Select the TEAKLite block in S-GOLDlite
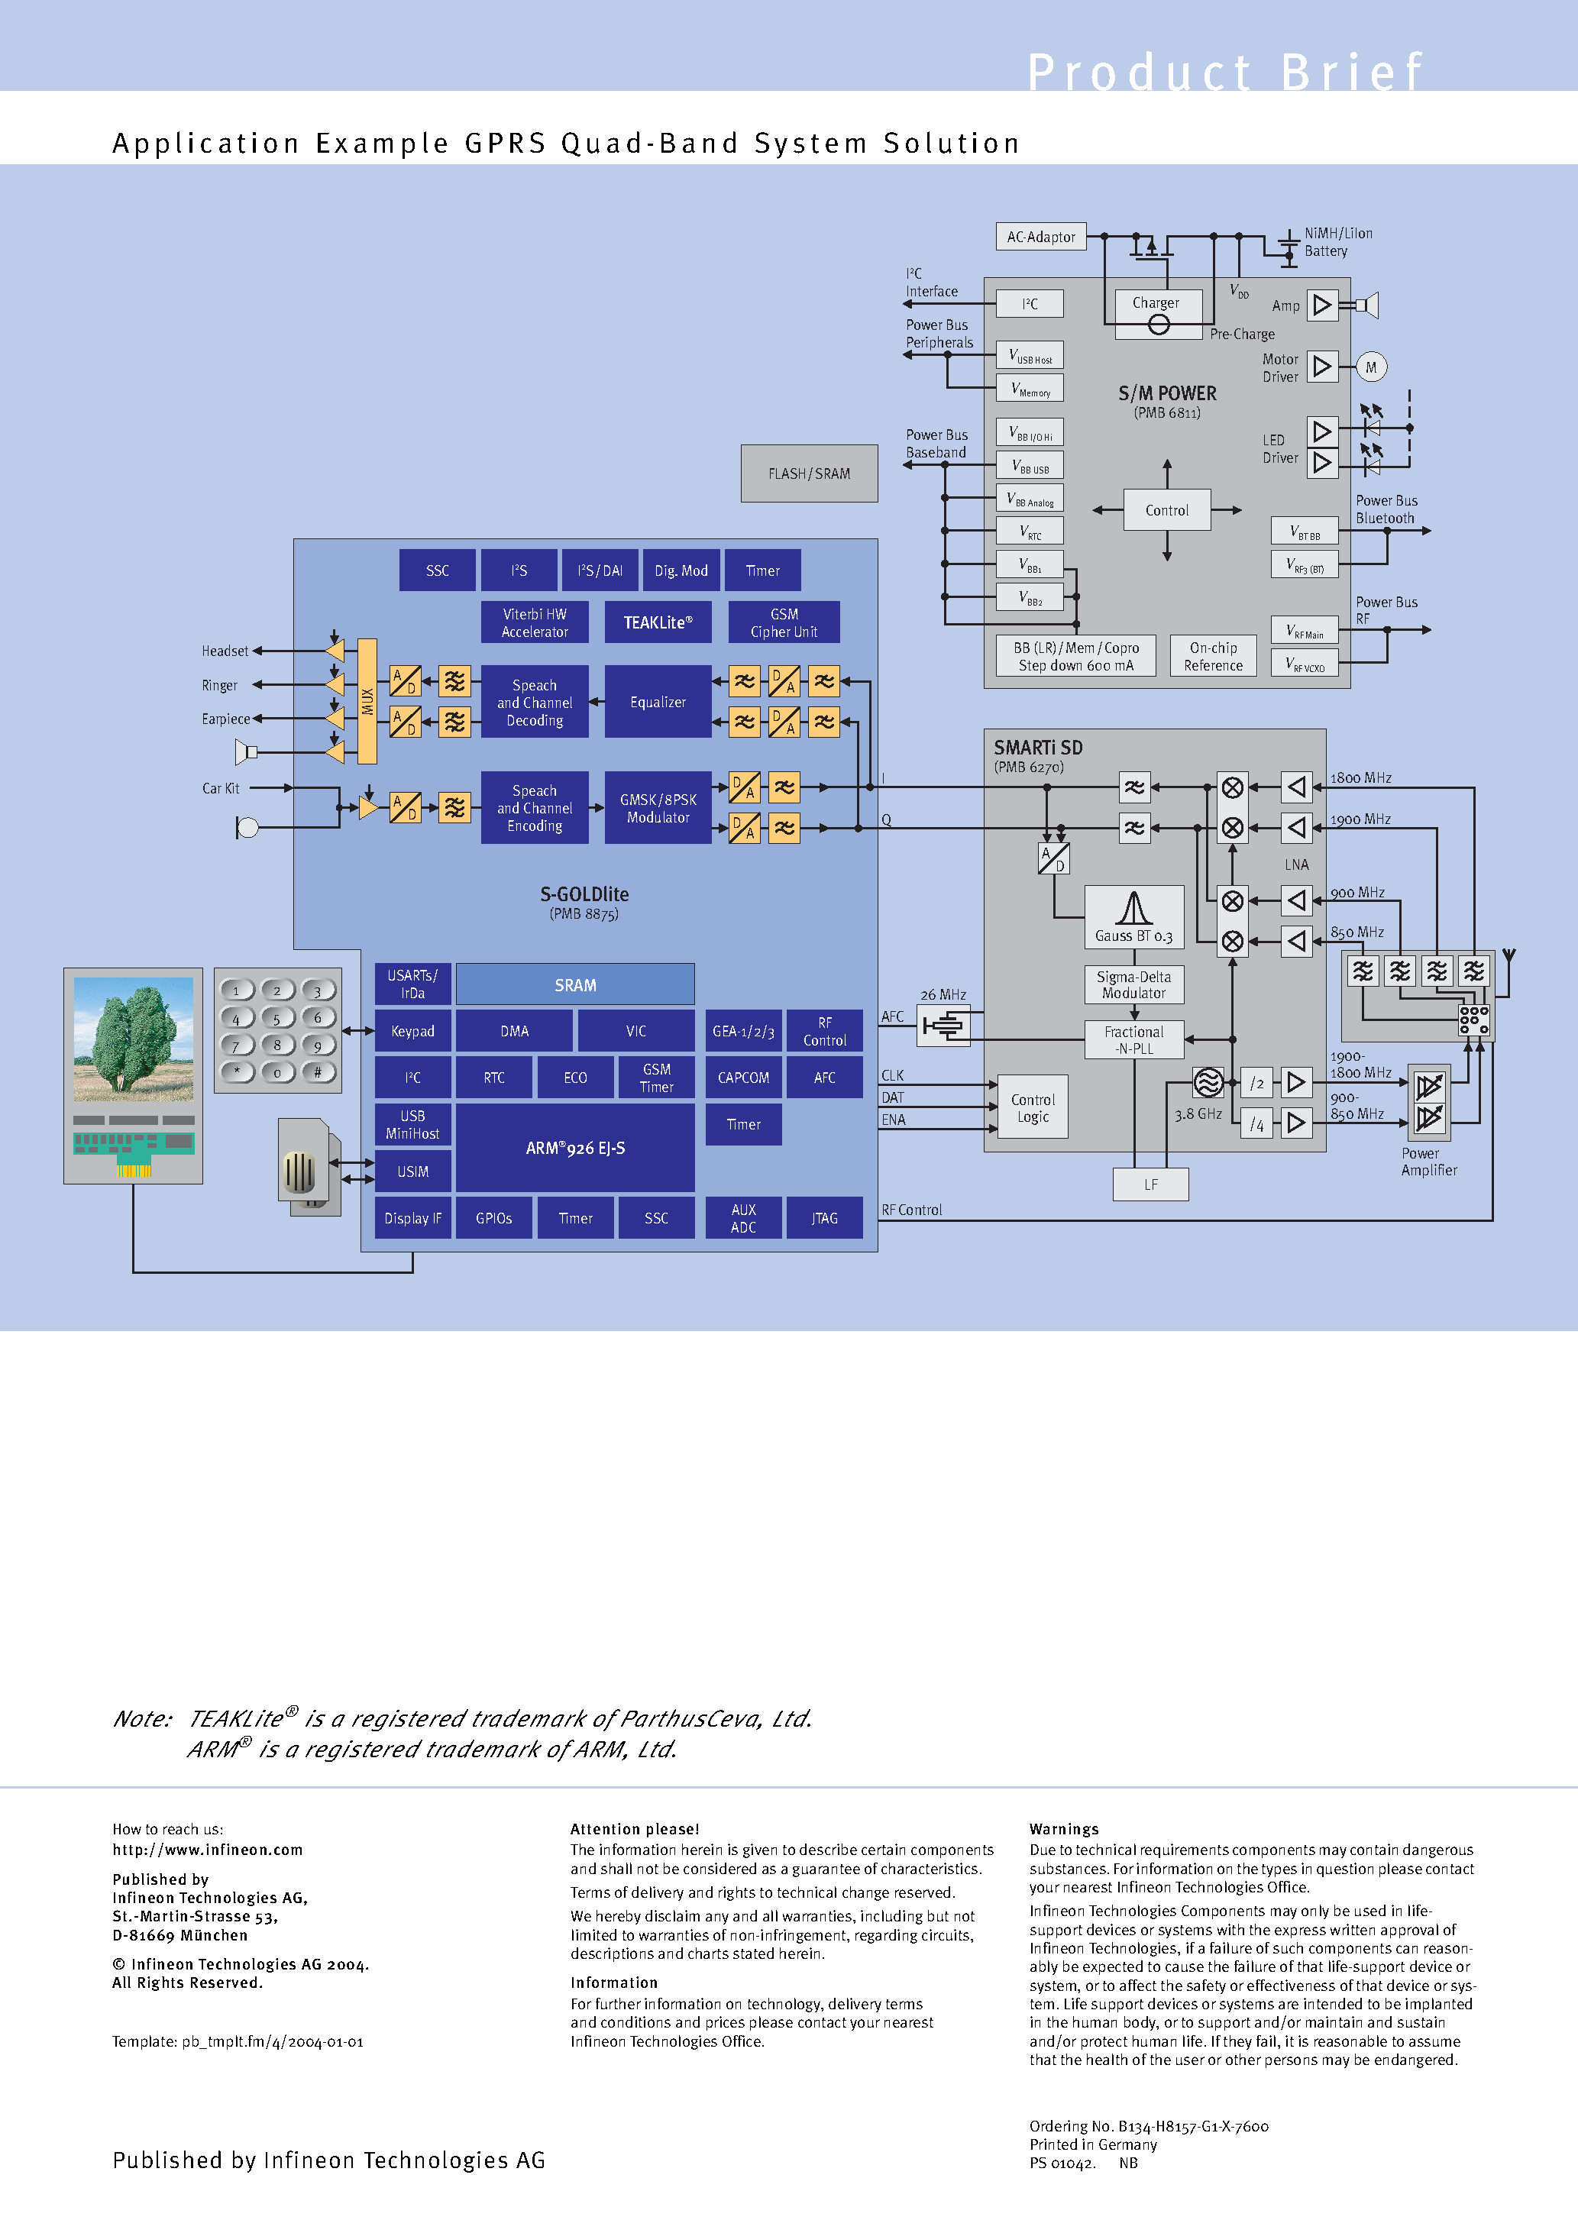pos(658,622)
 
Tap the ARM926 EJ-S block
pos(575,1148)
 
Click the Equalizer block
pos(658,701)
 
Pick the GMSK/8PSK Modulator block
pos(658,808)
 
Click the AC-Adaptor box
pos(1040,236)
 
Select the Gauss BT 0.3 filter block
pos(1133,917)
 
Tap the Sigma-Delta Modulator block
pos(1133,984)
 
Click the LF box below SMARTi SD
pos(1150,1184)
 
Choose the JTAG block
pos(824,1217)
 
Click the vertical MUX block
pos(367,700)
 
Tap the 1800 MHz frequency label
pos(1360,778)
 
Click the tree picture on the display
pos(134,1039)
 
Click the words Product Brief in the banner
pos(1225,72)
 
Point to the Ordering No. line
pos(1148,2126)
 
